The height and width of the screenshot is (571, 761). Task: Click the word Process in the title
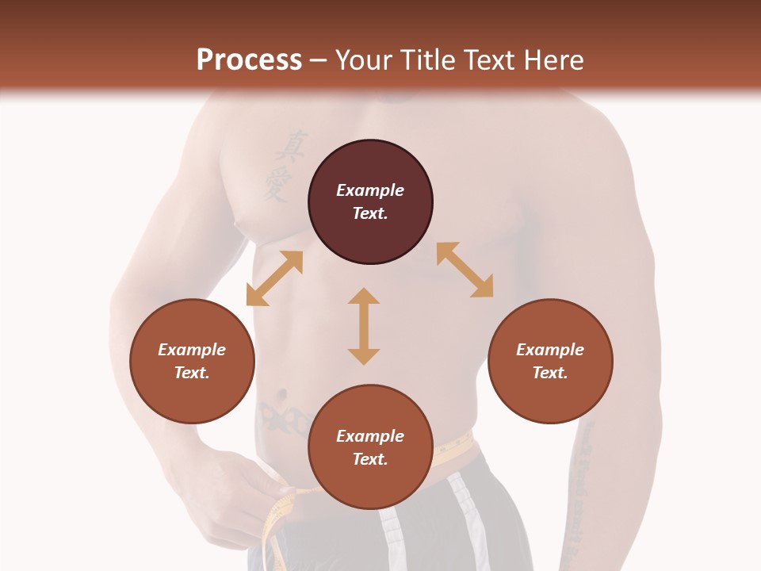249,60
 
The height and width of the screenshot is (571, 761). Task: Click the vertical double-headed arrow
364,326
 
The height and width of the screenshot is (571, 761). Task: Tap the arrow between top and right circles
465,270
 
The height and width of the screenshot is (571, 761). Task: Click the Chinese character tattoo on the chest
280,165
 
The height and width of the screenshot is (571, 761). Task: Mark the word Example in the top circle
370,190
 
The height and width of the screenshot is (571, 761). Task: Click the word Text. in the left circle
192,373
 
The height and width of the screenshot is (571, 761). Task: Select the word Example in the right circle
550,350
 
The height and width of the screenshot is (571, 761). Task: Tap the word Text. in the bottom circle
370,459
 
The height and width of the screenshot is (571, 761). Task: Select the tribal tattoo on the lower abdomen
285,418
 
